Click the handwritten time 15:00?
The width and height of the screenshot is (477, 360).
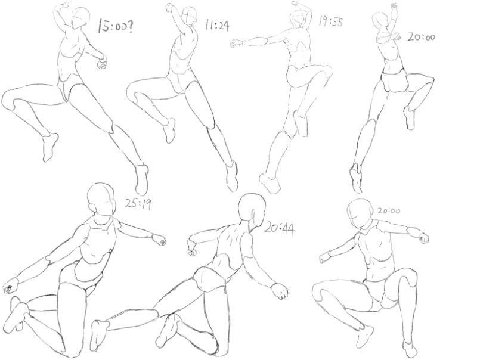115,26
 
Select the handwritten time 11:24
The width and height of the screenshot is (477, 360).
217,25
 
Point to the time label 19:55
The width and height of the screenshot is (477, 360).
331,21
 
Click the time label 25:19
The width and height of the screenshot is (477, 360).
138,204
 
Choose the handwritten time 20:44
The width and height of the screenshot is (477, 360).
279,229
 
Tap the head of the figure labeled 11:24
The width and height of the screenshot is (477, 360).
190,17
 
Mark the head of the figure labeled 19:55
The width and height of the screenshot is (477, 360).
296,19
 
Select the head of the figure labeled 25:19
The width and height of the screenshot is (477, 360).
101,198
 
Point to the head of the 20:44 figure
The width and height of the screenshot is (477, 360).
252,209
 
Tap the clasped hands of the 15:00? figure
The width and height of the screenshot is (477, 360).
102,63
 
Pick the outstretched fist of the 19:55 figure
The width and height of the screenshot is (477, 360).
236,44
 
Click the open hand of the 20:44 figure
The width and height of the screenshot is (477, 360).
280,291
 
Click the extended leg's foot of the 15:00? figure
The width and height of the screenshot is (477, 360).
142,179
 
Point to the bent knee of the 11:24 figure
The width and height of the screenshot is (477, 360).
133,91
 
